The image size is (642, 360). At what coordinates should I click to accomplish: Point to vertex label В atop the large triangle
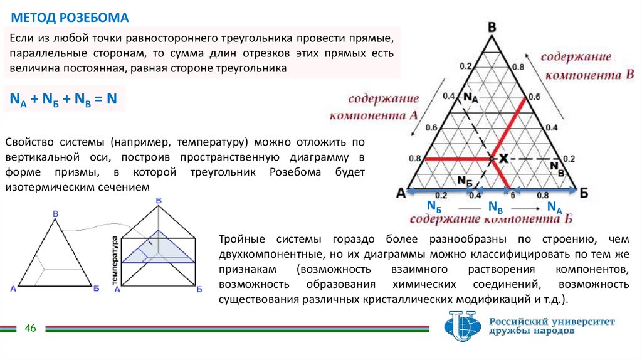click(492, 27)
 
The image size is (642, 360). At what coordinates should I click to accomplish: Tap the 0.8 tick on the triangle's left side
click(415, 159)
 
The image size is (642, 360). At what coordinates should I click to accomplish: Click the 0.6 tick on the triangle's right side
click(534, 97)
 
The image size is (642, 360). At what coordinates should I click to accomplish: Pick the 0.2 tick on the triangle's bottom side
click(440, 195)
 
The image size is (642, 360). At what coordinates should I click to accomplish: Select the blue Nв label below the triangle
click(495, 208)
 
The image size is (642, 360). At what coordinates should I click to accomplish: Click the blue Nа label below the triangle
click(554, 208)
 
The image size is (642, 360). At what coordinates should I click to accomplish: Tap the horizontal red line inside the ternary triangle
click(458, 159)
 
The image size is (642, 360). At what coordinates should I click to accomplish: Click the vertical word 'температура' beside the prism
click(115, 263)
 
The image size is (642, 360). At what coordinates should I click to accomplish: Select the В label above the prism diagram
click(158, 200)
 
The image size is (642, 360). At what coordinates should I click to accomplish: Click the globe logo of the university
click(461, 326)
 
